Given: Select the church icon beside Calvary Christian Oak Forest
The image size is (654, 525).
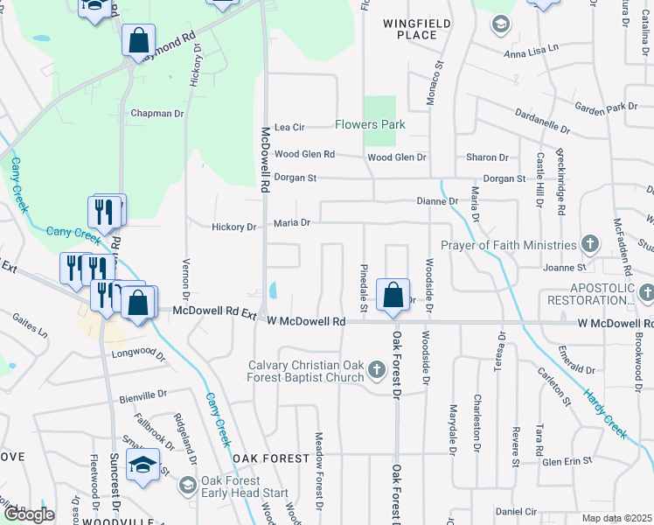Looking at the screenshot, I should point(377,370).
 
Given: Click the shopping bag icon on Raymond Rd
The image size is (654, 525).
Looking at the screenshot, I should point(138,40).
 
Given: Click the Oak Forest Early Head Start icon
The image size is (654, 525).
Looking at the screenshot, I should point(187,484).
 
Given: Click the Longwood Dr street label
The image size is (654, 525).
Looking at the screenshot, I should point(138,353).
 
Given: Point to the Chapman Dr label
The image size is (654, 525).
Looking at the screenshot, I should point(157,114).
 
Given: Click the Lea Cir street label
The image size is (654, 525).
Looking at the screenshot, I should point(289,127).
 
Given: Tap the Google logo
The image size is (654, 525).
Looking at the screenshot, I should point(29,514).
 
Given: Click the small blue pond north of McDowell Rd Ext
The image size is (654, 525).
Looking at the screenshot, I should point(275,289).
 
